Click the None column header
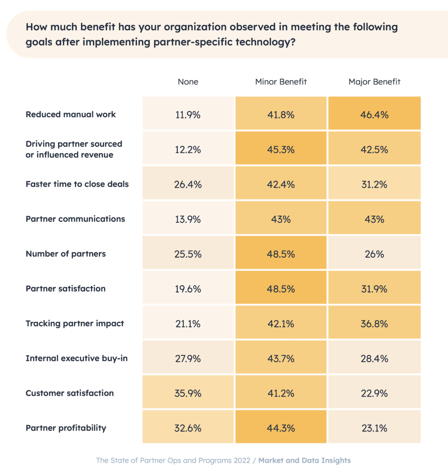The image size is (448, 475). (x=188, y=82)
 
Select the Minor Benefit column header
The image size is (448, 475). (x=281, y=82)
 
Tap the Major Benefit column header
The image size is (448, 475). (x=374, y=82)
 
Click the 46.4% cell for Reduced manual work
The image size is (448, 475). (x=374, y=115)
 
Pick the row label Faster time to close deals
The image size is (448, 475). (x=77, y=184)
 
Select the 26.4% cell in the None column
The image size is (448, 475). (x=188, y=185)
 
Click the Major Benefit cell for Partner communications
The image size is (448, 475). (x=374, y=219)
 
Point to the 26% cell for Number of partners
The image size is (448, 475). (x=374, y=254)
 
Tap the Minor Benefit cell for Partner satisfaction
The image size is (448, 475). (x=281, y=289)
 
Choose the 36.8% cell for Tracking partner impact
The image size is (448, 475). (x=374, y=324)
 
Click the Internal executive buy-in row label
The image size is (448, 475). (x=76, y=358)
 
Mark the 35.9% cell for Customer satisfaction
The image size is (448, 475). (x=188, y=393)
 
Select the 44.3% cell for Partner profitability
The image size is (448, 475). (x=281, y=428)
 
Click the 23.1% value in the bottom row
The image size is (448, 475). (x=374, y=428)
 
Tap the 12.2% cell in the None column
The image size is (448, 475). (x=188, y=150)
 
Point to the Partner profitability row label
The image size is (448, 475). (x=66, y=428)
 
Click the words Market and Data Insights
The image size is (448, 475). (x=304, y=461)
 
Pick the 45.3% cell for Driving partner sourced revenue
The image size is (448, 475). (x=281, y=150)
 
